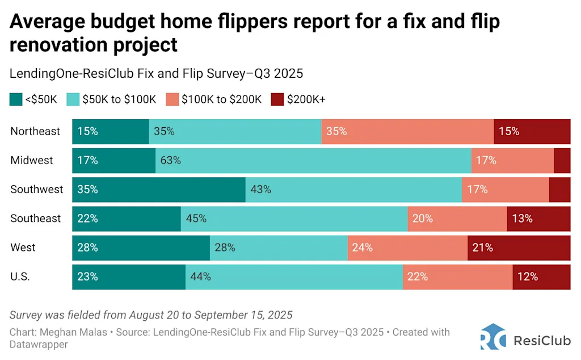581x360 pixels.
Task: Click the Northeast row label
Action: tap(35, 131)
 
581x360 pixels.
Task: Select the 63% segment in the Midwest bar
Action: tap(313, 160)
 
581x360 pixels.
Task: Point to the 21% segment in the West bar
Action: tap(519, 248)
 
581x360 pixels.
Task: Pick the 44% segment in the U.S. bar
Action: tap(294, 277)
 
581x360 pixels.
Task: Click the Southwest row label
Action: tap(37, 189)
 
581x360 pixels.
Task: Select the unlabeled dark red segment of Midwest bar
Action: tap(562, 160)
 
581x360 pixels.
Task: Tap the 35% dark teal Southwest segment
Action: tap(159, 189)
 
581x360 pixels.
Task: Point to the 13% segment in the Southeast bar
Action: tap(538, 219)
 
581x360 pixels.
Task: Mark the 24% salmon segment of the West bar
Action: tap(407, 248)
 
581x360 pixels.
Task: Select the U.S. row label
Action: tap(20, 277)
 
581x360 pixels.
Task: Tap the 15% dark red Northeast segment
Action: tap(532, 131)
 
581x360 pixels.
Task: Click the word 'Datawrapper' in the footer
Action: tap(39, 344)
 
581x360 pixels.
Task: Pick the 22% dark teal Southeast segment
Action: tap(127, 219)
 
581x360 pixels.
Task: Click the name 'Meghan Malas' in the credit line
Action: tap(67, 332)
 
